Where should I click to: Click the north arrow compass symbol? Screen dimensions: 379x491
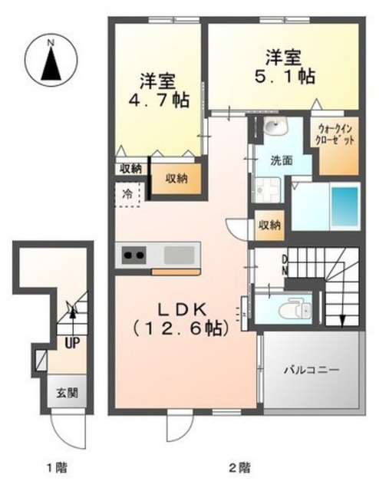pos(51,61)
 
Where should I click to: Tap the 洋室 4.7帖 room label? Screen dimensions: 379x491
pos(159,91)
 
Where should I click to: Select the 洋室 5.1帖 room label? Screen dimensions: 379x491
pos(285,67)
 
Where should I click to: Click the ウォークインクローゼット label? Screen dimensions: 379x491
pos(336,134)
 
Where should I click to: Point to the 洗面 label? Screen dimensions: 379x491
pos(282,160)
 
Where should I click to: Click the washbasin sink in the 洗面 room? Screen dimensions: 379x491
pos(275,127)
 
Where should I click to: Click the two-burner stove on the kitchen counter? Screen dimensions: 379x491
pos(134,255)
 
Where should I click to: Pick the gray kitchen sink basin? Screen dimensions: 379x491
pos(180,255)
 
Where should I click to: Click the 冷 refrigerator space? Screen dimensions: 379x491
pos(127,194)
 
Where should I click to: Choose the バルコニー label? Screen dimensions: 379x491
pos(311,371)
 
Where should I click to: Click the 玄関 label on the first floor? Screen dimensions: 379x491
pos(67,392)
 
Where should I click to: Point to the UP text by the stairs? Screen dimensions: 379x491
pos(72,343)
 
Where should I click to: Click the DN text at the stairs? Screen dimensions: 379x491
pos(285,265)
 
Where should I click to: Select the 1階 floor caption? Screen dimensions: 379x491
pos(57,468)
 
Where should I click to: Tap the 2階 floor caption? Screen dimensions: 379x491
pos(240,468)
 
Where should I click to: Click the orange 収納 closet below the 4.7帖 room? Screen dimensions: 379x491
pos(176,178)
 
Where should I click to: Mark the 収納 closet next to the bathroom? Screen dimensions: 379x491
pos(269,225)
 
